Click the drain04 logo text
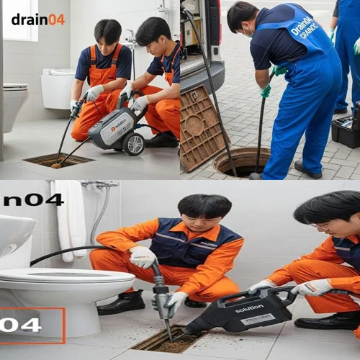[x=38, y=19]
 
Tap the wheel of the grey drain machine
[x=133, y=143]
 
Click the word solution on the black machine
[x=249, y=308]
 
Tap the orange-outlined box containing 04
[x=32, y=325]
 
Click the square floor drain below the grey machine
[x=58, y=161]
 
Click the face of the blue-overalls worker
[x=244, y=26]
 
